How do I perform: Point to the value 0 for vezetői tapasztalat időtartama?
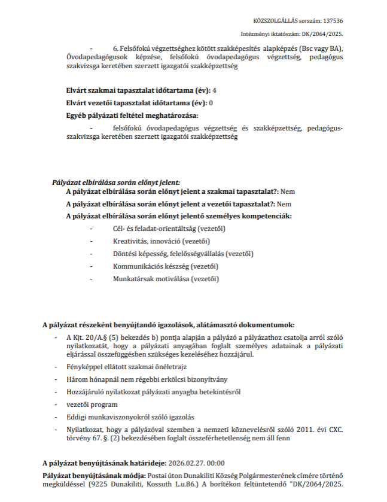tap(211, 103)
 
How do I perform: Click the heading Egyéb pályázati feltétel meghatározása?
tap(132, 115)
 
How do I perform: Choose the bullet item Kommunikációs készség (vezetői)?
tap(166, 266)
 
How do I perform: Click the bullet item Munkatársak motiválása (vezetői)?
tap(166, 279)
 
